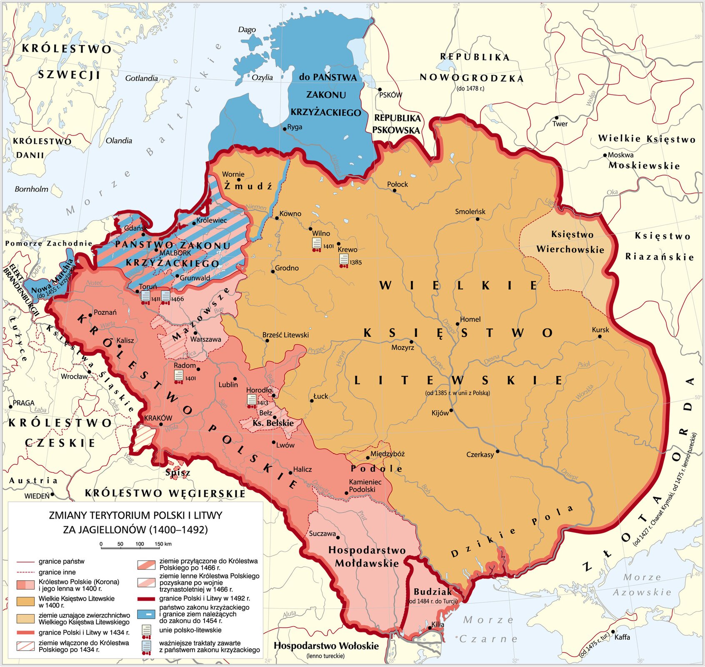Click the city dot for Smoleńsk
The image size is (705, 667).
(477, 219)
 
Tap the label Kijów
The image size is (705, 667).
(440, 413)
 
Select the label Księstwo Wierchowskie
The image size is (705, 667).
(570, 242)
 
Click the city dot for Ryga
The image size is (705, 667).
(285, 129)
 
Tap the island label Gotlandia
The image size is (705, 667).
(141, 78)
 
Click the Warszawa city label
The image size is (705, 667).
(205, 339)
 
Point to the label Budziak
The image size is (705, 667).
(432, 592)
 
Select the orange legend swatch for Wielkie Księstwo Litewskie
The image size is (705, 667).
(25, 601)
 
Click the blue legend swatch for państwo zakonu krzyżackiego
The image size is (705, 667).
(146, 614)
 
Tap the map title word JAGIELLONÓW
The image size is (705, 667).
(104, 530)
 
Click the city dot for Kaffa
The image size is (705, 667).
(612, 632)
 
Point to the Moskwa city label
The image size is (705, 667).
(620, 155)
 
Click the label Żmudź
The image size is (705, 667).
(248, 186)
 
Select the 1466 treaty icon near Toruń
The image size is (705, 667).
(165, 297)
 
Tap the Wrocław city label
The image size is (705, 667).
(74, 376)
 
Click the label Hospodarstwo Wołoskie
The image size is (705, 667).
(326, 646)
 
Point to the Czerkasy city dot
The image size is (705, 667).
(497, 451)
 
